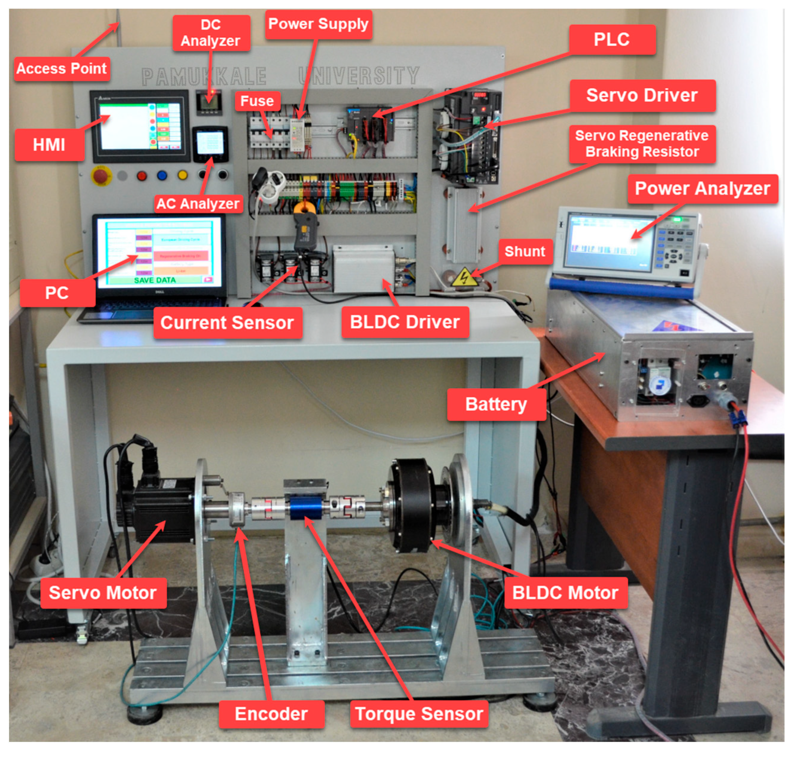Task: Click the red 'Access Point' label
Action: coord(62,69)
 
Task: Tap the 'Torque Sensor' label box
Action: coord(418,714)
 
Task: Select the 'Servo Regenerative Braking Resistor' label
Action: coord(641,144)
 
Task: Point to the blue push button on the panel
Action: coord(162,175)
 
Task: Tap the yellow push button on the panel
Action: coord(183,175)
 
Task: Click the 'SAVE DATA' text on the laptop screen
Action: coord(155,280)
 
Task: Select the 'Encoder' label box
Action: coord(271,714)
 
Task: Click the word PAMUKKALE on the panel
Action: coord(204,76)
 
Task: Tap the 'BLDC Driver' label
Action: coord(405,322)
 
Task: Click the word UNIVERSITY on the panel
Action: coord(359,75)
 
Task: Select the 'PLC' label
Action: coord(611,40)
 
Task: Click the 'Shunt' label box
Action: coord(524,251)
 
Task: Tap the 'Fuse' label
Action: coord(257,101)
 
